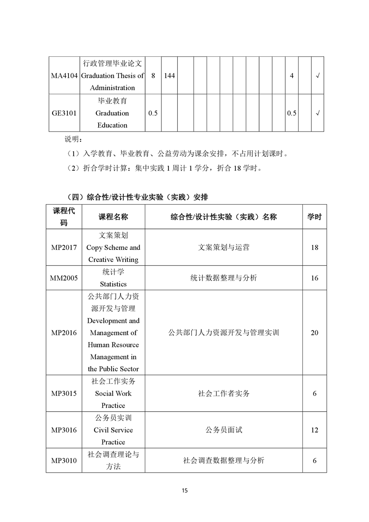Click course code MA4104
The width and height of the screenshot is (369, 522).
[x=64, y=76]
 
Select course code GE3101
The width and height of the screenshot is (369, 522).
[x=64, y=113]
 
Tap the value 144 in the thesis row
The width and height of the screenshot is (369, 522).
[x=169, y=76]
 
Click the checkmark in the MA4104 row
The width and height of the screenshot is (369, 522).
[x=317, y=76]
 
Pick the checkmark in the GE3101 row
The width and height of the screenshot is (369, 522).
[x=317, y=113]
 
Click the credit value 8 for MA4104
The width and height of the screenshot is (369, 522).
[x=153, y=76]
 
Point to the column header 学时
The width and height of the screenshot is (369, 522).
[x=315, y=217]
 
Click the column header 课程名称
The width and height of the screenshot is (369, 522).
[x=113, y=217]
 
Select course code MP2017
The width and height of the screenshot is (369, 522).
[x=64, y=248]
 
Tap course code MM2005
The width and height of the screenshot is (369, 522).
[x=64, y=278]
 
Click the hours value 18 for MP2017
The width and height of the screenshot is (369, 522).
[x=315, y=248]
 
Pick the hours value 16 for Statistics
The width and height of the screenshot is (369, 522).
[x=315, y=278]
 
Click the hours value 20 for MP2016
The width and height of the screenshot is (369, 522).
[x=315, y=333]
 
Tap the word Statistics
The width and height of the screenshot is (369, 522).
[x=113, y=284]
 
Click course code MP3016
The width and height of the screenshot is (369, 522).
[x=64, y=430]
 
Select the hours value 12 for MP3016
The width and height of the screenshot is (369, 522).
[x=315, y=430]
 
